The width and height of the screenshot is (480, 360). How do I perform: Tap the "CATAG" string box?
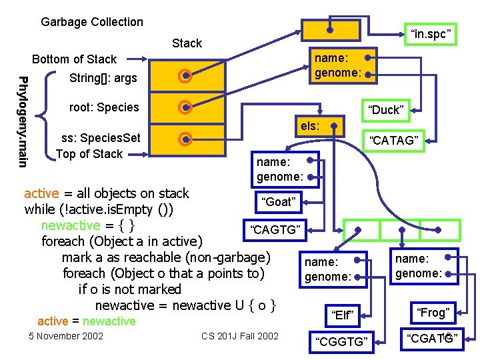point(394,140)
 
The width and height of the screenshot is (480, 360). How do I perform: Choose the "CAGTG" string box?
point(275,230)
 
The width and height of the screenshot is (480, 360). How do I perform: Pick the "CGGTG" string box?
point(342,341)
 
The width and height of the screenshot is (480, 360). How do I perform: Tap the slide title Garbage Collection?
point(92,22)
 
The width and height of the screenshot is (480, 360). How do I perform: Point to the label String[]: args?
point(103,78)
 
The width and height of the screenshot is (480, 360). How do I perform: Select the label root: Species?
point(104,107)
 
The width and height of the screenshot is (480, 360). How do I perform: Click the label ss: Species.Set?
point(101,138)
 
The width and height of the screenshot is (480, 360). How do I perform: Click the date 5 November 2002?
point(66,335)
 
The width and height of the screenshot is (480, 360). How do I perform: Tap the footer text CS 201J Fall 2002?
point(240,335)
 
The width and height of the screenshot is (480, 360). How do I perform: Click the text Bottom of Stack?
point(74,59)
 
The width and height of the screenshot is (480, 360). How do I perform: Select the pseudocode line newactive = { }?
point(88,225)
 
